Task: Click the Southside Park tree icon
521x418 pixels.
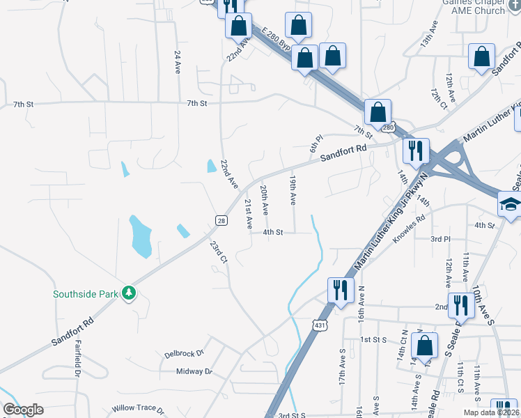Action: pyautogui.click(x=129, y=294)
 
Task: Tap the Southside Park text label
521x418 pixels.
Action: pyautogui.click(x=86, y=294)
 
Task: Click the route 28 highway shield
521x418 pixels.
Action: pyautogui.click(x=221, y=220)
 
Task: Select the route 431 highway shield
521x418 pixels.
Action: pyautogui.click(x=320, y=325)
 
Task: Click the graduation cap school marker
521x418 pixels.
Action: pyautogui.click(x=510, y=204)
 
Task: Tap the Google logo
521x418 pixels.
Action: pyautogui.click(x=23, y=409)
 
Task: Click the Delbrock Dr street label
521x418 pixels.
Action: pyautogui.click(x=183, y=353)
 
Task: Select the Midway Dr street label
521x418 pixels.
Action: pyautogui.click(x=194, y=371)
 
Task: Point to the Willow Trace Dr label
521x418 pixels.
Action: pyautogui.click(x=139, y=410)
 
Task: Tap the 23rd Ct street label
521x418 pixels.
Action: pyautogui.click(x=219, y=251)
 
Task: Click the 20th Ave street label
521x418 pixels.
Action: pyautogui.click(x=265, y=199)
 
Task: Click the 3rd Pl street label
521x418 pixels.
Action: pyautogui.click(x=440, y=238)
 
